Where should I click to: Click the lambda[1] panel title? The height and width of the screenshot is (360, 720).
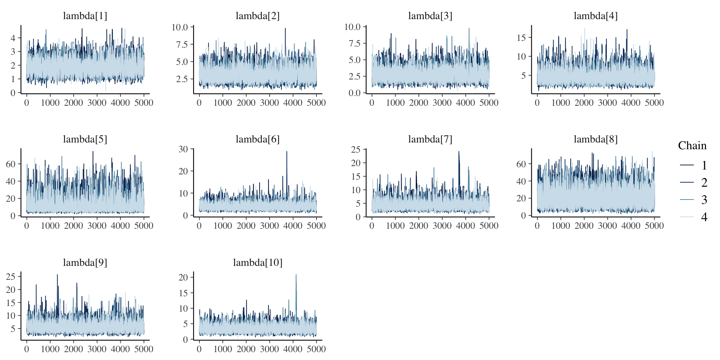[x=85, y=16]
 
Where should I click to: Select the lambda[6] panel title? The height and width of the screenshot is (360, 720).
[x=258, y=139]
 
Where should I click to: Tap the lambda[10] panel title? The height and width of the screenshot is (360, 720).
[x=258, y=262]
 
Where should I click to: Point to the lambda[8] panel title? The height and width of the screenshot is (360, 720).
[x=595, y=139]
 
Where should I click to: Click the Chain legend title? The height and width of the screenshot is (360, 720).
[x=692, y=145]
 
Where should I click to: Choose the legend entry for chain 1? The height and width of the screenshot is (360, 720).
[x=693, y=165]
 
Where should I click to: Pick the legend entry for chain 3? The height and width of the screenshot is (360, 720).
[x=693, y=199]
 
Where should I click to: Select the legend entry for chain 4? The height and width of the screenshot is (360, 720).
[x=693, y=217]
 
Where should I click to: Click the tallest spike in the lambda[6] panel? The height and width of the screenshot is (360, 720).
[x=287, y=152]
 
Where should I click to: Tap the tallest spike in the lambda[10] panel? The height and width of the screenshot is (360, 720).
[x=296, y=275]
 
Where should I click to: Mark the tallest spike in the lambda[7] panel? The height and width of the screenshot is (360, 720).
[x=459, y=152]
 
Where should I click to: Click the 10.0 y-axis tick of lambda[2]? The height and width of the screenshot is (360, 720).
[x=180, y=27]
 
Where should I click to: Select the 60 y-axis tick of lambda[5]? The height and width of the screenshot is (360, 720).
[x=10, y=164]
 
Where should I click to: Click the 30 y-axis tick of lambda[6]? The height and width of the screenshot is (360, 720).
[x=183, y=149]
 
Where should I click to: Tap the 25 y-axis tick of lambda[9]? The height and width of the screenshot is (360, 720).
[x=10, y=276]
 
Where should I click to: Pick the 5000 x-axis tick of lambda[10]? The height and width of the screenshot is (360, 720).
[x=316, y=349]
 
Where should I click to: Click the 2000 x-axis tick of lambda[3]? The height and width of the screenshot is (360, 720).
[x=418, y=103]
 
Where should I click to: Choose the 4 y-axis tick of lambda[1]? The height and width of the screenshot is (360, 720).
[x=13, y=38]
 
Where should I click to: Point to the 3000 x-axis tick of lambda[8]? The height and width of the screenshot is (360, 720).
[x=607, y=226]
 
